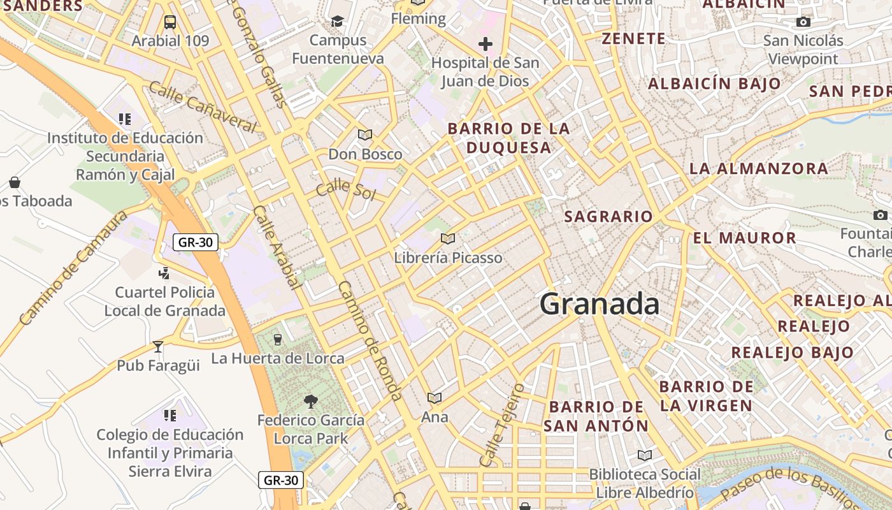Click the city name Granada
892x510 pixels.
coord(599,304)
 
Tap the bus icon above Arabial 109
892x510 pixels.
coord(170,22)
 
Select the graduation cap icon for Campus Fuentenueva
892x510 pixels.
coord(337,22)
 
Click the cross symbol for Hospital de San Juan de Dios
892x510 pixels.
coord(486,44)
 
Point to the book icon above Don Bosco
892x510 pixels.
coord(365,135)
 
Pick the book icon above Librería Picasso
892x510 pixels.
coord(448,238)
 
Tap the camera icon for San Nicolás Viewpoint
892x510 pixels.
coord(803,22)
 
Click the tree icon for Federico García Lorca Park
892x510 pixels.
coord(311,401)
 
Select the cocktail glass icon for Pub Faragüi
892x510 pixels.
coord(158,347)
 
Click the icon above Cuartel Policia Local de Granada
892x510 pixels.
coord(164,273)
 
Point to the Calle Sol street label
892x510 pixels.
coord(346,189)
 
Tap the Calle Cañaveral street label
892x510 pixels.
coord(202,106)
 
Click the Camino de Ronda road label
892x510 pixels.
coord(370,341)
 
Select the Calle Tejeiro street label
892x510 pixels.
coord(502,424)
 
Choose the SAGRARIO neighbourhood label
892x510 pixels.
coord(608,217)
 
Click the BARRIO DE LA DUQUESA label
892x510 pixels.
coord(508,138)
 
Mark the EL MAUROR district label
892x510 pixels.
coord(744,238)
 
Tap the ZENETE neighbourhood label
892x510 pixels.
coord(634,39)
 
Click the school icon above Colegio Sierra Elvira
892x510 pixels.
coord(170,416)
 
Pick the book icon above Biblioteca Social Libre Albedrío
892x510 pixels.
coord(645,455)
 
